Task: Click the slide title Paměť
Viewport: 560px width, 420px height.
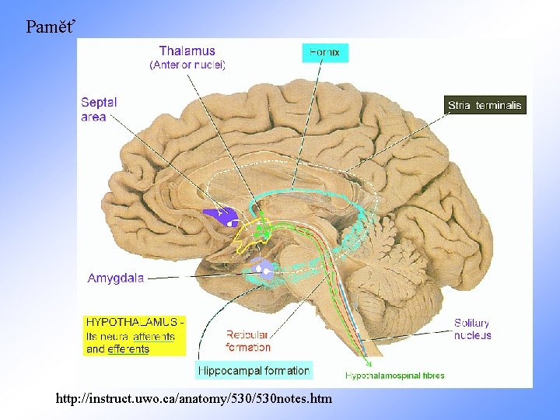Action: click(51, 27)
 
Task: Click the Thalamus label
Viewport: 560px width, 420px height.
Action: click(187, 51)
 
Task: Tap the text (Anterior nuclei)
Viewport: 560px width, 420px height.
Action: click(187, 65)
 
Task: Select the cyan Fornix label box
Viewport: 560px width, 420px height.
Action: click(325, 53)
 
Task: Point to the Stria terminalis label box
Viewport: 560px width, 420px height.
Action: click(485, 105)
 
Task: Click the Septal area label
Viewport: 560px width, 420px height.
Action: click(99, 109)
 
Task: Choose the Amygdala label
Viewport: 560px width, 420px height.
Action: click(115, 278)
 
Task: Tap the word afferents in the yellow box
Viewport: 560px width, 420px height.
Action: click(153, 336)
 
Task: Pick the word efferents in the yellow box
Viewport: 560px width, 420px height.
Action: click(128, 349)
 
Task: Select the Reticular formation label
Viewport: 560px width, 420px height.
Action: click(248, 341)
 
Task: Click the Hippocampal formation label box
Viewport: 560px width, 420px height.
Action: click(254, 370)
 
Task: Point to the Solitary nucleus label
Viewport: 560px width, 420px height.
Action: click(472, 329)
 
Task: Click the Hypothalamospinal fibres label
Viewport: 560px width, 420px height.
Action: click(395, 376)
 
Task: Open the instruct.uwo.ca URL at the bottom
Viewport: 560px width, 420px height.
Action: click(194, 398)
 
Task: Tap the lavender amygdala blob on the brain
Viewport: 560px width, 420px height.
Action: click(261, 269)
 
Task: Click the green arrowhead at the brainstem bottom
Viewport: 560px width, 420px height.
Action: click(369, 362)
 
